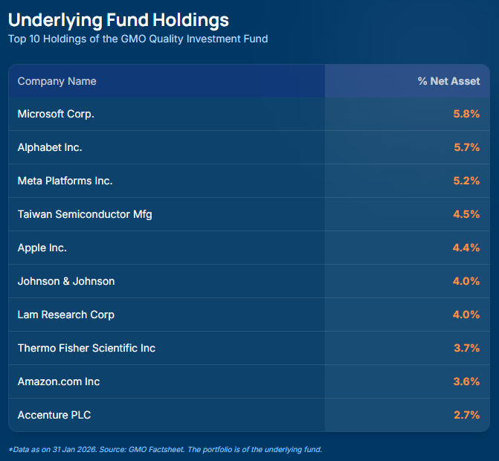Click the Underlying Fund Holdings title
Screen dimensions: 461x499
coord(118,19)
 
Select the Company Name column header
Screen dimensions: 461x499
coord(57,81)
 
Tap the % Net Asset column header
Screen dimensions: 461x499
coord(448,81)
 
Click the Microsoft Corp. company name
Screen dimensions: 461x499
coord(56,114)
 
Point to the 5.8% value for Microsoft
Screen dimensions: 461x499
coord(466,114)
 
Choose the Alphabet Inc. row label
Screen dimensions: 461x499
coord(50,147)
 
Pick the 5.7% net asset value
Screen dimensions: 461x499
coord(466,147)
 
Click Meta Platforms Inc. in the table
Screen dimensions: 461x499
coord(65,181)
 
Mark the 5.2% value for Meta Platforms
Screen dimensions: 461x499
coord(466,181)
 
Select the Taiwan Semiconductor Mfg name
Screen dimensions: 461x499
coord(85,214)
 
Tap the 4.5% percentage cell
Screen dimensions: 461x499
coord(466,214)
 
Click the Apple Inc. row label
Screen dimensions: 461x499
coord(42,248)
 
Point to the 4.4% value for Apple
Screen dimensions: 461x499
coord(466,248)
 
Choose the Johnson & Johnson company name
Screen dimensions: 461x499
coord(66,281)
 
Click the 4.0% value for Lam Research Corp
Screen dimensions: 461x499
coord(466,315)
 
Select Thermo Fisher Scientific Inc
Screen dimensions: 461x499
coord(86,348)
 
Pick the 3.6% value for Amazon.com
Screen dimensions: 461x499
coord(466,381)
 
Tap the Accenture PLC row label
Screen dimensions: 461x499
coord(54,415)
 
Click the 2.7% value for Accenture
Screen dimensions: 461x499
coord(466,415)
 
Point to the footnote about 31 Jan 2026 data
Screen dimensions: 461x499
coord(165,449)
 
